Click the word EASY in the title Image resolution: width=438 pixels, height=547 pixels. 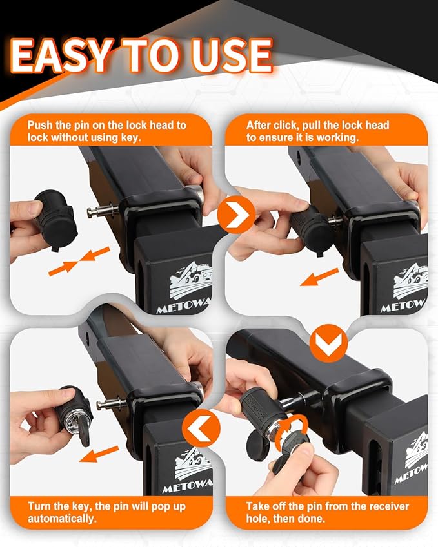61,55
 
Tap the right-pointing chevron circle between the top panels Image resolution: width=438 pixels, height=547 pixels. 236,215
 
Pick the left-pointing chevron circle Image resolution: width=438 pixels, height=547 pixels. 201,428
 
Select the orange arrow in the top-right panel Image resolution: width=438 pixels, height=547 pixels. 319,277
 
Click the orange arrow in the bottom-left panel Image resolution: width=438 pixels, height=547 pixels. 99,454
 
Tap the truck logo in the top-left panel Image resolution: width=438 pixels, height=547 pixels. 191,281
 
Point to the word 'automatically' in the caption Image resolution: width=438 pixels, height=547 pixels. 62,519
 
